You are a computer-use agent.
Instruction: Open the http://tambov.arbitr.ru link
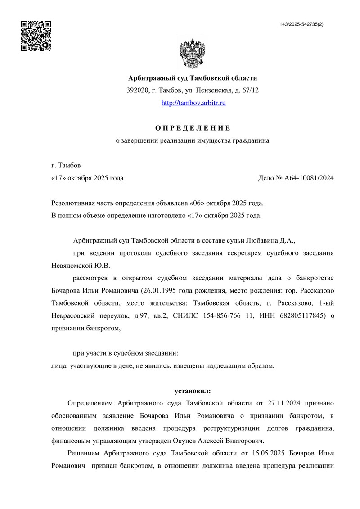click(193, 103)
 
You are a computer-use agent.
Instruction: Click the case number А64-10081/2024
click(309, 178)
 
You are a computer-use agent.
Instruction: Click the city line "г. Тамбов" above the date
click(67, 166)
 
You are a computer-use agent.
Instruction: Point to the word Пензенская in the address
click(212, 90)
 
